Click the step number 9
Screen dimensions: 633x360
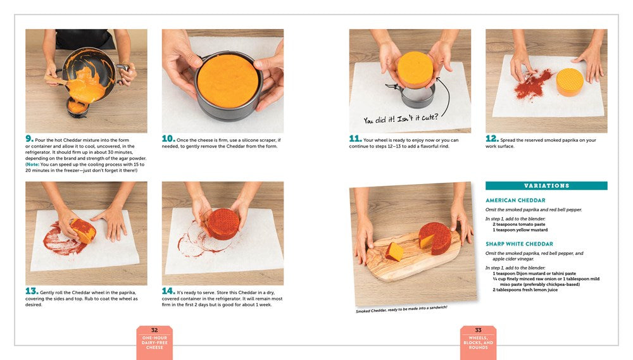click(x=29, y=139)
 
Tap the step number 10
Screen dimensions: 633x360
click(x=168, y=139)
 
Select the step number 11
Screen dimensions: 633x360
click(x=355, y=139)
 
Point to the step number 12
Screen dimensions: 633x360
click(x=492, y=139)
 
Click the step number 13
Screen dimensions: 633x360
click(x=32, y=291)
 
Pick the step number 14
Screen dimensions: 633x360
click(x=168, y=291)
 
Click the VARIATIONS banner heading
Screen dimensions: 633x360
click(x=547, y=185)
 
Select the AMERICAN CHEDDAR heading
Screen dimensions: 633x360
click(x=515, y=200)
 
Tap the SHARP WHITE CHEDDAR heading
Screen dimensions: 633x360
click(x=520, y=244)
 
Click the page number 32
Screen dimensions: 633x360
click(x=154, y=330)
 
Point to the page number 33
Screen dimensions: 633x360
click(x=479, y=330)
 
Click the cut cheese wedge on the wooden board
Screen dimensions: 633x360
click(x=394, y=251)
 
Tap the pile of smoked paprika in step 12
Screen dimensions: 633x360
click(x=533, y=84)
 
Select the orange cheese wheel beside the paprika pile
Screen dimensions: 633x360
click(x=570, y=82)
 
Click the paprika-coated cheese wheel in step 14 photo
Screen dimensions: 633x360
click(x=222, y=224)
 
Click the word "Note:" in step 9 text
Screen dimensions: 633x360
click(x=33, y=164)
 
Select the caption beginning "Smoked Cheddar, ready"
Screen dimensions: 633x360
click(x=402, y=309)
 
